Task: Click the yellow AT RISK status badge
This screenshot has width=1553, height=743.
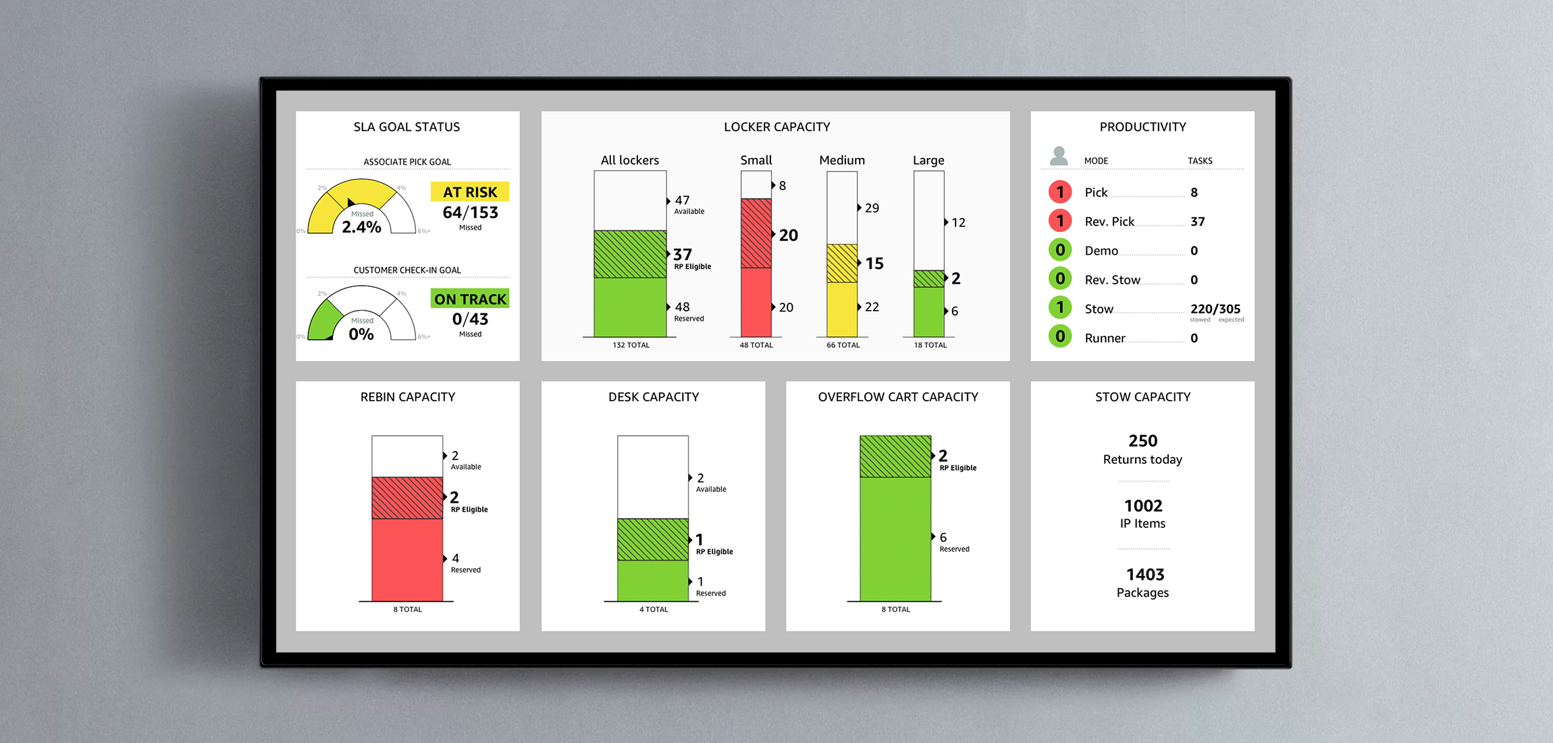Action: click(x=470, y=192)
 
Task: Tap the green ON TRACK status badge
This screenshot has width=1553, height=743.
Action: click(x=470, y=299)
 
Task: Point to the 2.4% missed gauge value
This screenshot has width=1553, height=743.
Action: click(x=361, y=227)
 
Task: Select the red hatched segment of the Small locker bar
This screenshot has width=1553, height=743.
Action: click(x=756, y=233)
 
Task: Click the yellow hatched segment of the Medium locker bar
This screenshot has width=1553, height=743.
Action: click(x=842, y=263)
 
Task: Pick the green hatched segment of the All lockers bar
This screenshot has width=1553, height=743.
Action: click(x=630, y=254)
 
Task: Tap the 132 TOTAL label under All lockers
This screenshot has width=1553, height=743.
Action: click(x=631, y=345)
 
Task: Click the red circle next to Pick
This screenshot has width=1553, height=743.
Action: click(x=1060, y=193)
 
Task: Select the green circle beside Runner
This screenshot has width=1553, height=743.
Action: click(x=1060, y=336)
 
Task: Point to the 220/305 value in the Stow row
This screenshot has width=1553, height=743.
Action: click(x=1215, y=309)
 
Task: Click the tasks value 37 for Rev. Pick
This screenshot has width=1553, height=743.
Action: click(x=1198, y=222)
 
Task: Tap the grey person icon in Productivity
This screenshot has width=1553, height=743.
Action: click(x=1059, y=156)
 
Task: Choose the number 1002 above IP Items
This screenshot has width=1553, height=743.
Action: click(x=1143, y=506)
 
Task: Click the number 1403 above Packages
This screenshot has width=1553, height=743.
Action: click(x=1145, y=575)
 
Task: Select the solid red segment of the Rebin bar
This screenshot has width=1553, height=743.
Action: click(x=407, y=559)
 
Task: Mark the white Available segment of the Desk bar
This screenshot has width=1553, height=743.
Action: click(x=653, y=477)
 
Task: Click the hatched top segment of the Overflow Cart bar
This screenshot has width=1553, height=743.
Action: click(x=895, y=457)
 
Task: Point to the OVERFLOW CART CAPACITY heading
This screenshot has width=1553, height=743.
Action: click(x=898, y=397)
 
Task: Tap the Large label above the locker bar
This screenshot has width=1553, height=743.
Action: click(x=928, y=160)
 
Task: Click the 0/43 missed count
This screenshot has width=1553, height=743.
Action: click(x=470, y=319)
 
